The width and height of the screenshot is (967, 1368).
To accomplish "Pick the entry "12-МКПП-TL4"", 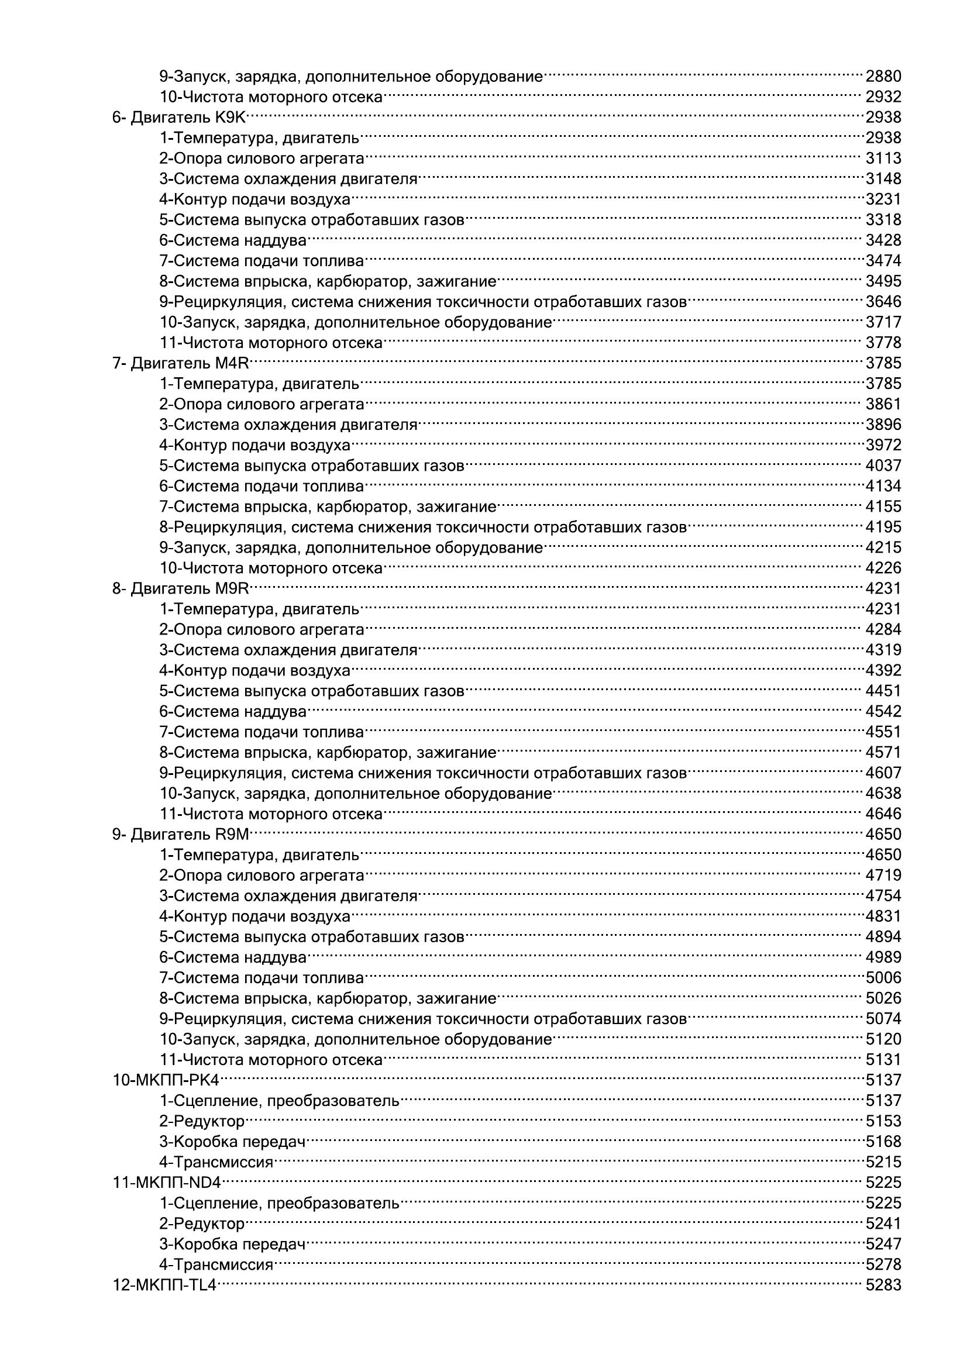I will pos(164,1285).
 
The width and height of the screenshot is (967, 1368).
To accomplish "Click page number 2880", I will pos(883,77).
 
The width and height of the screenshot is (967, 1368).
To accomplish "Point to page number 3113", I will pos(883,159).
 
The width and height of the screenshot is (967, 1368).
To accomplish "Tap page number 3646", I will pos(883,302).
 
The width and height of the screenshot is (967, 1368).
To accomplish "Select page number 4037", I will pos(883,466).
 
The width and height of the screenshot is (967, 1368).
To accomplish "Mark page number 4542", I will pos(883,711).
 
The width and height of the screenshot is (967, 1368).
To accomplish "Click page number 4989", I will pos(883,957).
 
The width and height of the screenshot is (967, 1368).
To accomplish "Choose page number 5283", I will pos(883,1285).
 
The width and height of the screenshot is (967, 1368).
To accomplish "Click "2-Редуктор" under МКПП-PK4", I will pos(202,1121).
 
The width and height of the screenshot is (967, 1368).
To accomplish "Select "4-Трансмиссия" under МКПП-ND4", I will pos(216,1264).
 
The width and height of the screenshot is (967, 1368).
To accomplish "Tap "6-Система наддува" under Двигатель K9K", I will pos(233,241).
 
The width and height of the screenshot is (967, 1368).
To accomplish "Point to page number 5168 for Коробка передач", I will pos(883,1142).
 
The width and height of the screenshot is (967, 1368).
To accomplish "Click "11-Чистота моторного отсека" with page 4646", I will pos(271,814).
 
